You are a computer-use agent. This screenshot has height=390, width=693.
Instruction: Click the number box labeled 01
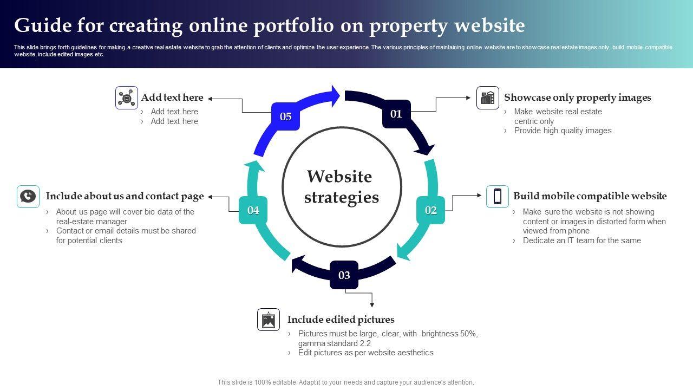tap(396, 114)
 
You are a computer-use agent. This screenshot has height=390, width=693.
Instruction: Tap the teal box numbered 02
tap(430, 210)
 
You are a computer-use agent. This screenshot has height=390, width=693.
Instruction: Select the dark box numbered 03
tap(344, 275)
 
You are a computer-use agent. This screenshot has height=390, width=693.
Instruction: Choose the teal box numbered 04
tap(253, 210)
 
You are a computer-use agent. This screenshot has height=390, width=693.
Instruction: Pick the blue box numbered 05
tap(285, 116)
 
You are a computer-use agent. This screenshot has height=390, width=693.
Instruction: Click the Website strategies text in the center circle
tap(341, 187)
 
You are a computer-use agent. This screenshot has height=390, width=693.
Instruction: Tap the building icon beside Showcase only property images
tap(488, 97)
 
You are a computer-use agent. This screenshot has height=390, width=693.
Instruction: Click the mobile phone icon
tap(497, 196)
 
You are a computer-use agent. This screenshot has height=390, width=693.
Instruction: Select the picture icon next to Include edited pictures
tap(269, 320)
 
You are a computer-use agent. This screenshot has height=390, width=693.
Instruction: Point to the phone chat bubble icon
tap(28, 196)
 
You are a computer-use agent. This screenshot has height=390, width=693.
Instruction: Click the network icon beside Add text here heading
tap(127, 98)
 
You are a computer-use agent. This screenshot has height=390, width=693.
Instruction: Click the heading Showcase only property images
tap(577, 97)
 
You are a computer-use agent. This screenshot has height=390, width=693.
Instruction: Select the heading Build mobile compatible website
tap(590, 196)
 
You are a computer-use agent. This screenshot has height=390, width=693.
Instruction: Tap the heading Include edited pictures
tap(341, 320)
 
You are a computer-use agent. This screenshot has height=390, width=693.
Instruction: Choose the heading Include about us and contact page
tap(125, 196)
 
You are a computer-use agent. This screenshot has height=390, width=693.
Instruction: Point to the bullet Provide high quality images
tap(563, 131)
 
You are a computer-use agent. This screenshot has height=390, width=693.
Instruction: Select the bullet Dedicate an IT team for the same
tap(581, 240)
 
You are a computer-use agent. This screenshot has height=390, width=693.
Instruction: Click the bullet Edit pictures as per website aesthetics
tap(365, 353)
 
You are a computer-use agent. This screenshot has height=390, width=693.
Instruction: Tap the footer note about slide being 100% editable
tap(346, 382)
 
